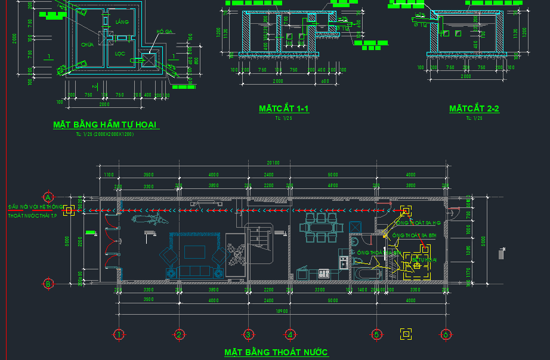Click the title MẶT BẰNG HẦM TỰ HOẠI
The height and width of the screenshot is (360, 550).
point(104,125)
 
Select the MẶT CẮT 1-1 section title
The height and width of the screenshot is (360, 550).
point(283,108)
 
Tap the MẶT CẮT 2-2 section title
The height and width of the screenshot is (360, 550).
point(474,108)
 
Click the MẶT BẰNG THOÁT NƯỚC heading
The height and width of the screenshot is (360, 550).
point(276,352)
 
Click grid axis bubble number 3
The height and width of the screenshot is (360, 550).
point(249,334)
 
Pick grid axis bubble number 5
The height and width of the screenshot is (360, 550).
point(376,334)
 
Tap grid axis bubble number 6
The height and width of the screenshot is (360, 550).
point(445,334)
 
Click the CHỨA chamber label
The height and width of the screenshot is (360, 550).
point(88,44)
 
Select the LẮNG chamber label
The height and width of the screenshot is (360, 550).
point(122,22)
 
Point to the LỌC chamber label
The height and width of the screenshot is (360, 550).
point(120,53)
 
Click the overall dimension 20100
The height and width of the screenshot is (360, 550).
point(273,163)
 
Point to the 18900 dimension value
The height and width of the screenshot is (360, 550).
point(273,311)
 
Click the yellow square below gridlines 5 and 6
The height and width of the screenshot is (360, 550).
point(406,334)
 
